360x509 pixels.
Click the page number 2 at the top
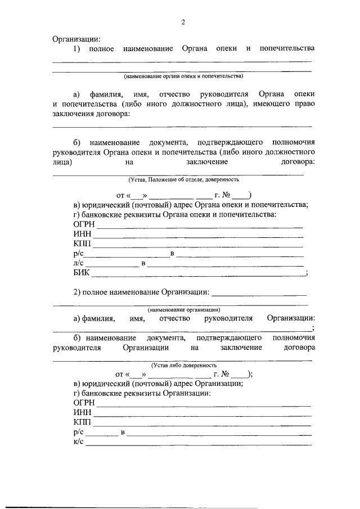coord(183,22)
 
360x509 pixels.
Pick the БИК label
coord(82,273)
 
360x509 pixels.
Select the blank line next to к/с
coord(198,444)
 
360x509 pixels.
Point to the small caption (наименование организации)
coord(184,310)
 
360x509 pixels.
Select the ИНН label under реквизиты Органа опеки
coord(82,235)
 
